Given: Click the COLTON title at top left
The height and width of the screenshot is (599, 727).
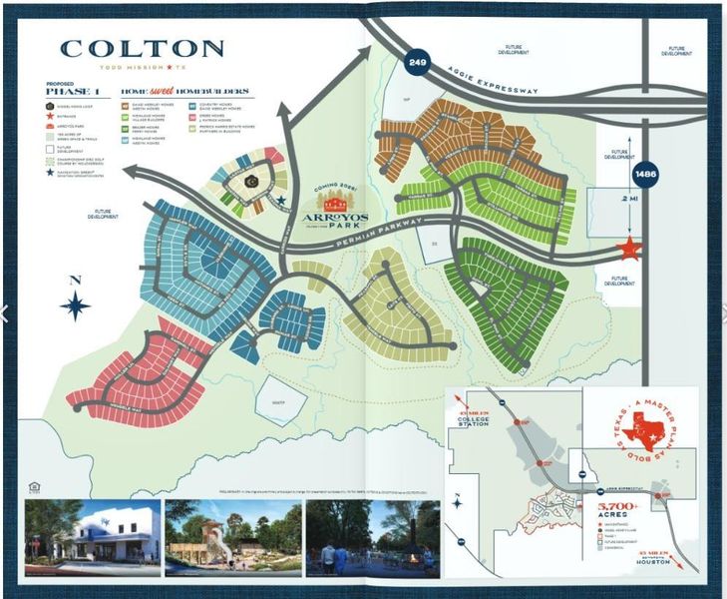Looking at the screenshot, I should (x=142, y=49).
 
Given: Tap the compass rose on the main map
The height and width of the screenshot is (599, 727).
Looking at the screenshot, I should (x=75, y=303).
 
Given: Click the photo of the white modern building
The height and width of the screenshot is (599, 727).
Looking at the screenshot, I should (x=93, y=539).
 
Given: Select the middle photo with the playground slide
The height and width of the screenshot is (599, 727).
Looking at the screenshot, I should (x=233, y=539).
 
